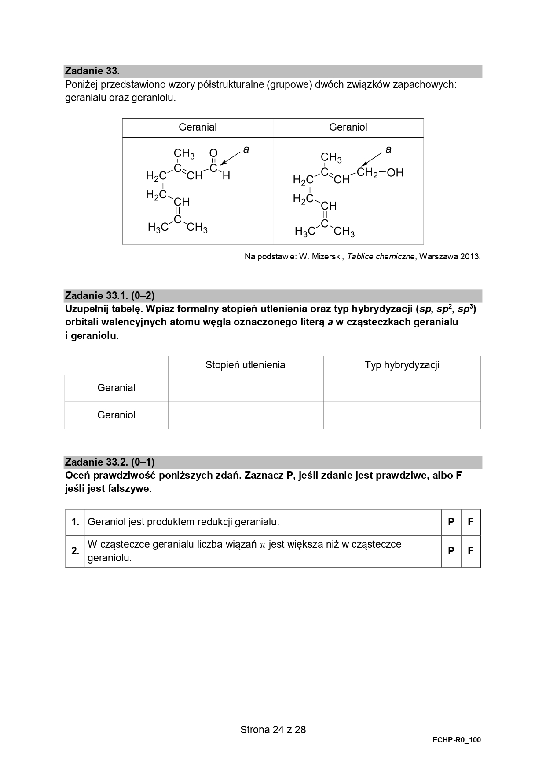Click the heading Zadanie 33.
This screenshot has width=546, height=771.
(x=92, y=71)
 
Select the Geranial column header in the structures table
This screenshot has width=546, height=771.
(x=198, y=127)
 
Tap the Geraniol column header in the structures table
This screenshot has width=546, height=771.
(x=348, y=127)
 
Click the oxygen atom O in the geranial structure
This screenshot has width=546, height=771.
(x=213, y=153)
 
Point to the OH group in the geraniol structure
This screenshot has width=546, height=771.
(x=395, y=173)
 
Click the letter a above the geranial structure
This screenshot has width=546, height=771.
(x=246, y=149)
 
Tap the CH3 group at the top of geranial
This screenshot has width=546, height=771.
(x=184, y=153)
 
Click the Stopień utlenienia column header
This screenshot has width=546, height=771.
(x=245, y=365)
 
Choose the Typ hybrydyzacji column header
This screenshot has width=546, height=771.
(x=402, y=365)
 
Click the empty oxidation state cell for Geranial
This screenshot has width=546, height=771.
(x=245, y=388)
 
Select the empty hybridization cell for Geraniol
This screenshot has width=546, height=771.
(x=402, y=415)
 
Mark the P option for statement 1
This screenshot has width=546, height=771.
(x=451, y=522)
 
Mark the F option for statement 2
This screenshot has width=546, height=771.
(x=470, y=551)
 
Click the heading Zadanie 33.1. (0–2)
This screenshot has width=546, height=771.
(x=110, y=295)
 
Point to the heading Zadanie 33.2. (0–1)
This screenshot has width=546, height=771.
(x=110, y=462)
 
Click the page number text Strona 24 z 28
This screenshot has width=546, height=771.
(x=273, y=730)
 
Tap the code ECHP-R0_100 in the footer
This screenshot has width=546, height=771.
(x=456, y=740)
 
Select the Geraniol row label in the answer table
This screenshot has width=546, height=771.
(x=116, y=415)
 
